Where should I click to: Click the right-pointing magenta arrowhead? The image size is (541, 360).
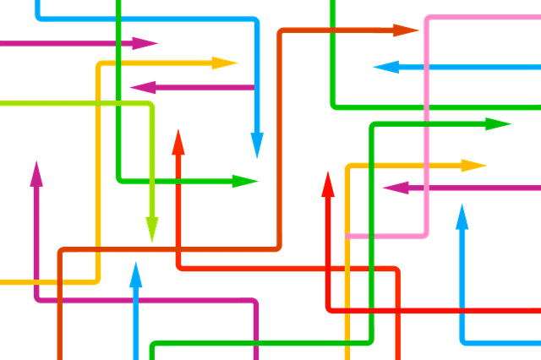pos(145,43)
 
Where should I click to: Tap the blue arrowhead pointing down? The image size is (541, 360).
pos(257,145)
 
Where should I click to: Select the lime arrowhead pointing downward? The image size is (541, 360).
pos(152,228)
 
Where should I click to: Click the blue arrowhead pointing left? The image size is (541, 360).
pos(385,67)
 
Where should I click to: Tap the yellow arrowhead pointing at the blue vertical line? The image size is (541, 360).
pos(225,63)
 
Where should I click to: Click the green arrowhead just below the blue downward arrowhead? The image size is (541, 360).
pos(245,181)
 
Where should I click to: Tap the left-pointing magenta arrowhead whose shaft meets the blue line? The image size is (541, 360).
pos(144,86)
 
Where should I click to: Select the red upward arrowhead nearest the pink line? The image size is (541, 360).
pos(328,184)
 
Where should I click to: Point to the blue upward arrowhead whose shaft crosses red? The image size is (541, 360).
pos(462,218)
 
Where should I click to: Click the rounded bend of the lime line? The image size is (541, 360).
pos(150,105)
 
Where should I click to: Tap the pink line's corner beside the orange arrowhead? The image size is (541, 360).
pos(428,17)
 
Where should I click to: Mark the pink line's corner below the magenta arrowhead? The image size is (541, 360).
pos(425,233)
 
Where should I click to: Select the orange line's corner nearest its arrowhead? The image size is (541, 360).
pos(281,32)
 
